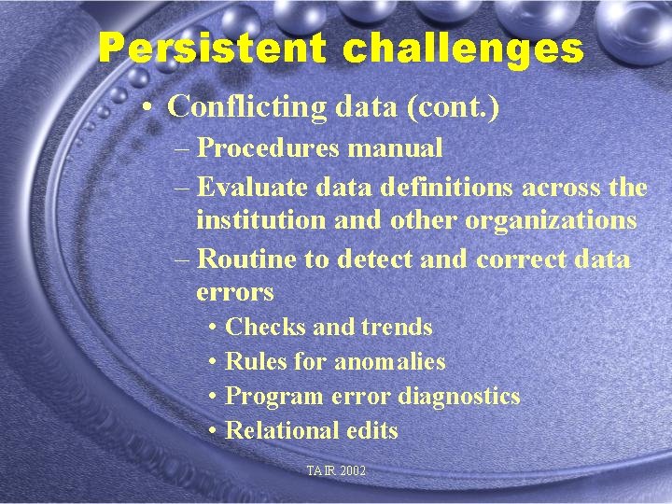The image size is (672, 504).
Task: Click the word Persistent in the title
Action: (x=215, y=49)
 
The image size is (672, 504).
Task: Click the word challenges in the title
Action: (x=463, y=49)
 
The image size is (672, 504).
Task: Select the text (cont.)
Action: (x=453, y=107)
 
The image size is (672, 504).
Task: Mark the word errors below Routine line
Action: (x=235, y=292)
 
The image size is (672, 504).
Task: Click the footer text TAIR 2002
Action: (x=336, y=471)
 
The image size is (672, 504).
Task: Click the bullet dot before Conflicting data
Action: (x=148, y=108)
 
